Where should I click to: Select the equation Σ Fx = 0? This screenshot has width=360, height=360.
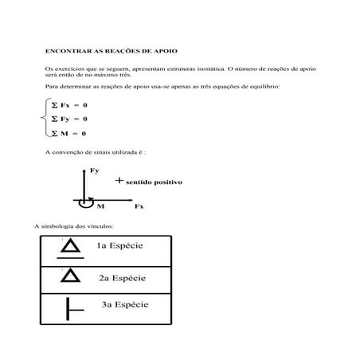(x=69, y=105)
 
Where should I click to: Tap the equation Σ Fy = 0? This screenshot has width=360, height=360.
(x=69, y=119)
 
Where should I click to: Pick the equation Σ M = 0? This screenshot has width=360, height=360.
(x=68, y=133)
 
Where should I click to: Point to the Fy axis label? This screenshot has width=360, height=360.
(x=95, y=170)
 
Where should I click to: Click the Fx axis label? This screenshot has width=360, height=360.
(x=139, y=205)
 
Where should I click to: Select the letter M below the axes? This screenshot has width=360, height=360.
(x=100, y=206)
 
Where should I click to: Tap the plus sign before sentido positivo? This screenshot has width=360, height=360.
(x=119, y=181)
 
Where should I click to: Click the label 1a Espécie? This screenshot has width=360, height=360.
(x=120, y=245)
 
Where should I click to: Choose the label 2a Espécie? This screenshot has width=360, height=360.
(x=122, y=278)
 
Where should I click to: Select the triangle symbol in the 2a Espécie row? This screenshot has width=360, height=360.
(x=70, y=276)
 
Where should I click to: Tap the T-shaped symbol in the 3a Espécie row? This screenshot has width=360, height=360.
(x=74, y=308)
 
